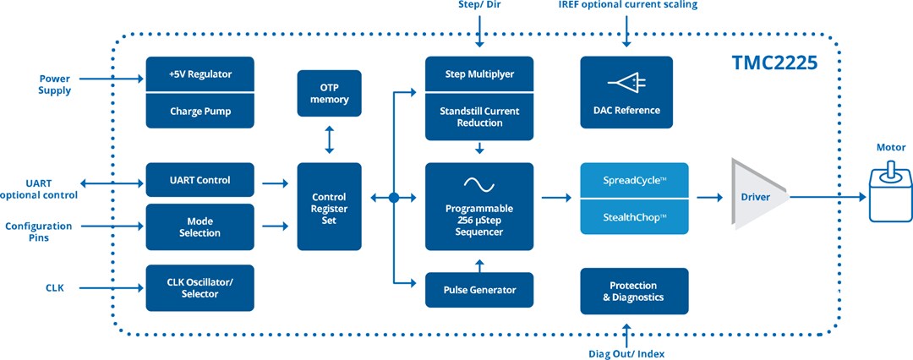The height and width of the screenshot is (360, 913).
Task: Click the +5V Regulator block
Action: (200, 74)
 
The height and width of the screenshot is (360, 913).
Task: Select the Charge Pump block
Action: (200, 111)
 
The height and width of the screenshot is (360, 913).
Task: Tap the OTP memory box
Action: (330, 94)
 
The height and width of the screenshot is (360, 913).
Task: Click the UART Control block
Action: (200, 180)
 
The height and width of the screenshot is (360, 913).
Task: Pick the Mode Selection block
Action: (200, 226)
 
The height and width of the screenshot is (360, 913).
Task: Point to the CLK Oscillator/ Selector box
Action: (200, 287)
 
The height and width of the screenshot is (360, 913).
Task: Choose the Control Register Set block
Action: (330, 205)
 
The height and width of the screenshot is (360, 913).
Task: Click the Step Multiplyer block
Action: (479, 74)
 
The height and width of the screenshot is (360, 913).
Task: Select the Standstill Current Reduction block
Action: (479, 117)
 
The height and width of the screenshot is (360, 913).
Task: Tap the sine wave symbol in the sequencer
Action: (479, 183)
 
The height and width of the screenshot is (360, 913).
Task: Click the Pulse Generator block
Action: (479, 290)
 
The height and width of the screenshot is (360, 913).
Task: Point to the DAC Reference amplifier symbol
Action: (626, 83)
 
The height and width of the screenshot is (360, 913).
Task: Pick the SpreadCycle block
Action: (634, 181)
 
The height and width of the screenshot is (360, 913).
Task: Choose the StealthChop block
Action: (634, 216)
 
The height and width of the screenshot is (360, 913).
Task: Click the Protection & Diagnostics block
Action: (634, 291)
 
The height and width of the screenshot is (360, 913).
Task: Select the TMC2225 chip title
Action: (774, 63)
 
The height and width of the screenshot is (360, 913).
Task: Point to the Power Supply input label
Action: (55, 85)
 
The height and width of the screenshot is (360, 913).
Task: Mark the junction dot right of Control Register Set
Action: (394, 198)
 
